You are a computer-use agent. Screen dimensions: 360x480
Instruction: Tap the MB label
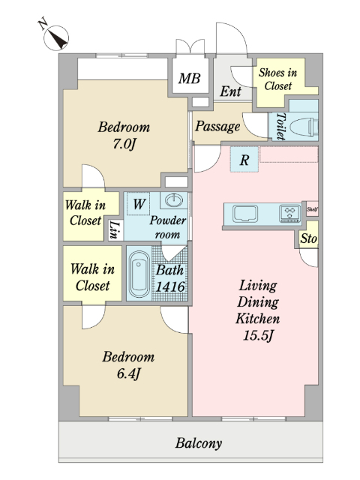point(190,78)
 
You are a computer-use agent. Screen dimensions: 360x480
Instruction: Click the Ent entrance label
point(230,91)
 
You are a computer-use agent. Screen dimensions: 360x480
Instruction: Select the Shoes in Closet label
point(278,79)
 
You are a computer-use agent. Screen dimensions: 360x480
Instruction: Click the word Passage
point(217,126)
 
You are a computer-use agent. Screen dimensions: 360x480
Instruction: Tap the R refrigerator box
point(244,160)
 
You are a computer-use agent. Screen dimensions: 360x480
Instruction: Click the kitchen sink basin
point(245,213)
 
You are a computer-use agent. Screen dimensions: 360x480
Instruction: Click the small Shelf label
point(312,209)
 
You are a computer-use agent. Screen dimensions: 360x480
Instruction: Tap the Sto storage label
point(308,238)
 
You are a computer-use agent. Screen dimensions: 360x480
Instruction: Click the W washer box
point(139,203)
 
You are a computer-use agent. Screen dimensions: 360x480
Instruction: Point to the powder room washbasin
point(174,201)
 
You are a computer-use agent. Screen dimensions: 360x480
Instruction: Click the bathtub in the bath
point(139,274)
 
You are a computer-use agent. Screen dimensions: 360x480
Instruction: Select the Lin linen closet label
point(114,230)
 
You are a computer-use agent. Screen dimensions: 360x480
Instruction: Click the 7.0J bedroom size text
point(124,144)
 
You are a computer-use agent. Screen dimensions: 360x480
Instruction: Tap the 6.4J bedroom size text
point(128,373)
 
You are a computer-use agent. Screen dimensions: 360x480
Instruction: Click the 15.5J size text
point(258,335)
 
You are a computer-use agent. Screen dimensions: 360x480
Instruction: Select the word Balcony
point(199,443)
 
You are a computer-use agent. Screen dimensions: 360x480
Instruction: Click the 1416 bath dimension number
point(170,286)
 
